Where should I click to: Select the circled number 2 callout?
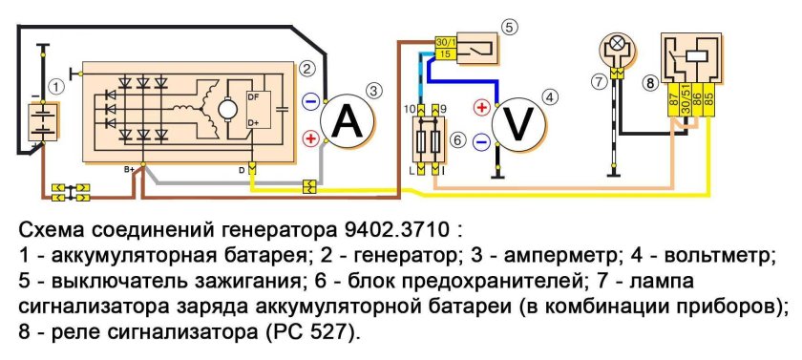tap(306, 68)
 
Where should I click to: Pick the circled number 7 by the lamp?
tap(599, 82)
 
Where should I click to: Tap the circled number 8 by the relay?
tap(650, 83)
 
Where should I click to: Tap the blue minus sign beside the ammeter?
tap(310, 100)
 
